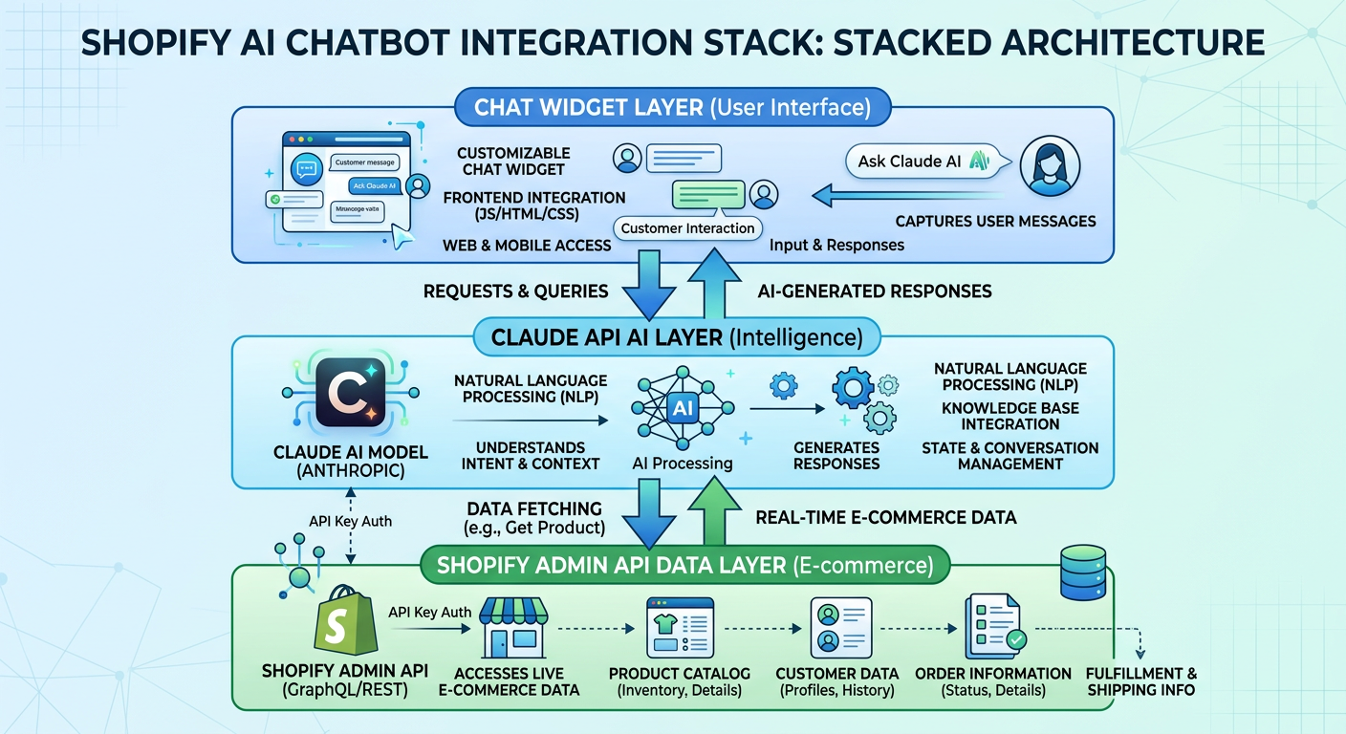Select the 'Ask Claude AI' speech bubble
(917, 162)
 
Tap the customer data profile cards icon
(840, 628)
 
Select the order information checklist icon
(994, 628)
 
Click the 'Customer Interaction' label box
(688, 228)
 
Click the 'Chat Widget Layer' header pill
(672, 107)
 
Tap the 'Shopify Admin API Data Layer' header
(684, 565)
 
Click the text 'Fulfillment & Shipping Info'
(1141, 681)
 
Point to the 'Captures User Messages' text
(995, 222)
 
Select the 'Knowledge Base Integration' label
(1010, 416)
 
